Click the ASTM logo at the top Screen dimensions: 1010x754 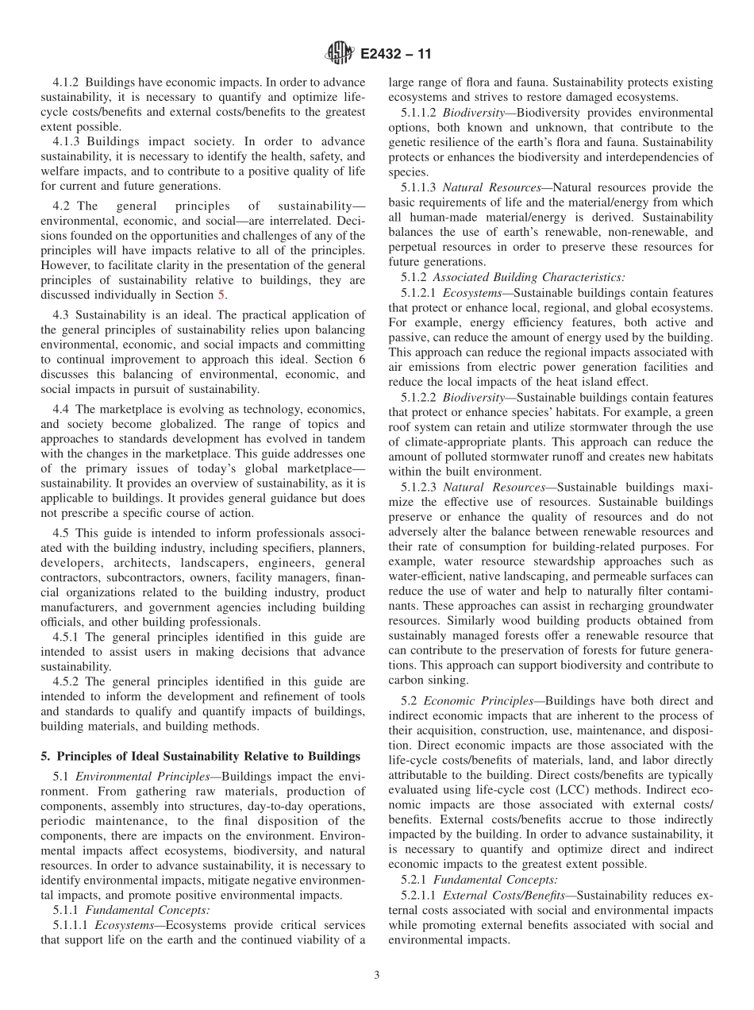point(339,55)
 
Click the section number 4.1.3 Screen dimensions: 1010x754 point(67,142)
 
